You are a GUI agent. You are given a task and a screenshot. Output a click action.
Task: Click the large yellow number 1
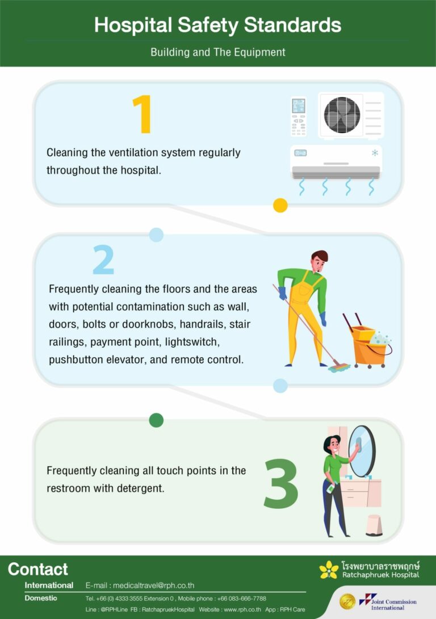tap(142, 115)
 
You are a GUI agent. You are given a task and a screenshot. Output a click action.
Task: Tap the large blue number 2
tap(103, 261)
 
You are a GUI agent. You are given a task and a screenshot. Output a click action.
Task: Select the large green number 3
tap(281, 483)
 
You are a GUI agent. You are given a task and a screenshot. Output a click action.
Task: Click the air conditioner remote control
tap(299, 116)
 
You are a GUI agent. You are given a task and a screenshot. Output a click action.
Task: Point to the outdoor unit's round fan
tap(342, 115)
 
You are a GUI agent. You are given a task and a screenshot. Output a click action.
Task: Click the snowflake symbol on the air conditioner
tap(375, 153)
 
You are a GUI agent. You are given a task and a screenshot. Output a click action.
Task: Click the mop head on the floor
tap(338, 367)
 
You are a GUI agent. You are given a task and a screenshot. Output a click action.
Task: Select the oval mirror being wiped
tap(362, 451)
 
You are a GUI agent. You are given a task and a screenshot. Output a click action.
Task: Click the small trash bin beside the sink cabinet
tap(374, 525)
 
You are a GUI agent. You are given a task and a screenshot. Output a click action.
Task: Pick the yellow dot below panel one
tap(280, 205)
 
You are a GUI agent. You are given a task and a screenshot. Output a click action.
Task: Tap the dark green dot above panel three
tap(156, 420)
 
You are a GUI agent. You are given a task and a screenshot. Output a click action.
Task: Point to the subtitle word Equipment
tap(260, 52)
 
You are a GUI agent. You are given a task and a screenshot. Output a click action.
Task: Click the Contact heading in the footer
tap(38, 569)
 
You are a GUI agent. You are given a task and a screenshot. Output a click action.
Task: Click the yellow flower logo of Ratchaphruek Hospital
tap(329, 570)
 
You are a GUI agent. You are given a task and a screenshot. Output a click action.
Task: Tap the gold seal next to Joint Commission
tap(347, 601)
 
